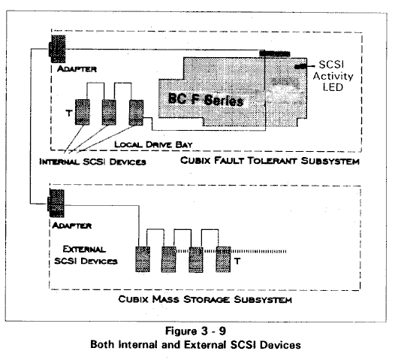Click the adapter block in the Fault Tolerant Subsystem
[x=57, y=49]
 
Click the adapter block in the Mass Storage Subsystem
[x=56, y=204]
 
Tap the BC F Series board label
[x=206, y=100]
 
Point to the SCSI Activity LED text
[x=333, y=76]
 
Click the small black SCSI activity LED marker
[x=301, y=67]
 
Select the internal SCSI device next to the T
[x=83, y=112]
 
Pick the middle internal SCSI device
[x=109, y=112]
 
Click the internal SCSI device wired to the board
[x=136, y=112]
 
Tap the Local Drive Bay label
[x=153, y=144]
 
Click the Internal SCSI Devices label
[x=92, y=162]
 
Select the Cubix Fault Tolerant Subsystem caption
[x=270, y=161]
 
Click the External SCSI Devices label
[x=86, y=255]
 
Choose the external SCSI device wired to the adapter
[x=143, y=259]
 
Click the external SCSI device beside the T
[x=223, y=259]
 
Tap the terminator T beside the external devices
[x=237, y=262]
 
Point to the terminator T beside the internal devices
[x=68, y=113]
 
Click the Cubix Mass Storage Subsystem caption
[x=205, y=299]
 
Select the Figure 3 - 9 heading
[x=195, y=331]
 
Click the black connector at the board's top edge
[x=275, y=53]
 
